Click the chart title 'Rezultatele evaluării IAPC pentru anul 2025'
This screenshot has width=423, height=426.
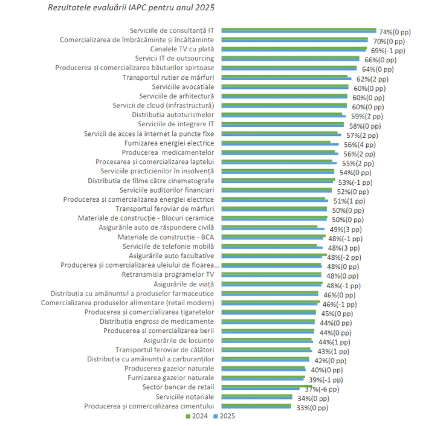[130, 8]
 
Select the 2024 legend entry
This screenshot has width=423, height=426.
[196, 416]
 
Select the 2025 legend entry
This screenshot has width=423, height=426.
[224, 416]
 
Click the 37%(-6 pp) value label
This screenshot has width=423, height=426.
[323, 389]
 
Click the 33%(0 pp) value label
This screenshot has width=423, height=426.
[312, 408]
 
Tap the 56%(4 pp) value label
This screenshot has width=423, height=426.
[359, 144]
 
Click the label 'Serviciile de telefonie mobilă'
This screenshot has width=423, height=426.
[168, 247]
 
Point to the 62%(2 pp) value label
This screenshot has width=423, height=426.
[373, 79]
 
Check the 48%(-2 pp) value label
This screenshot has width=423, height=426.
[344, 257]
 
